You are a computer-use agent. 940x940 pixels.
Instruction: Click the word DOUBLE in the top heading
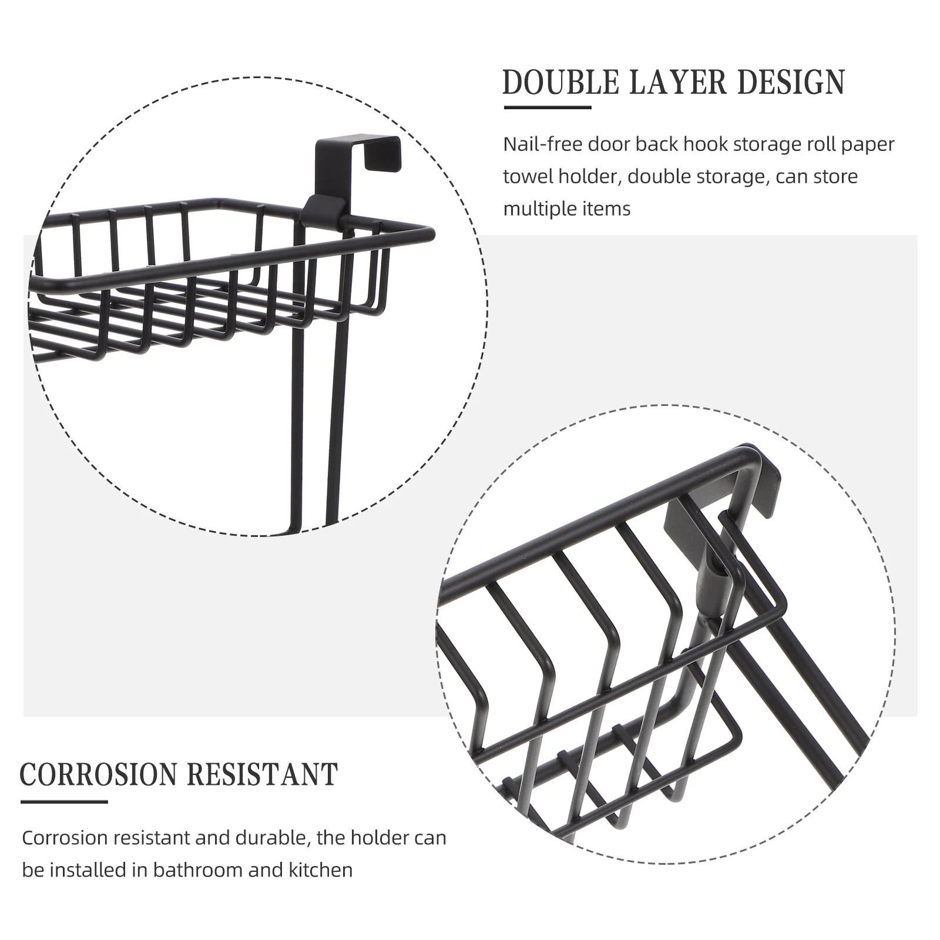560,82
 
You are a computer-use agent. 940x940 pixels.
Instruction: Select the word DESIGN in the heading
791,82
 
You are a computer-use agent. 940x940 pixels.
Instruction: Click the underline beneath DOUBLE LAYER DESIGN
548,108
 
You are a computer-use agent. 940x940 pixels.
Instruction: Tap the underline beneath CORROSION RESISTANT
65,801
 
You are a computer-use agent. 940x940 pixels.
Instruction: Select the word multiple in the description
539,209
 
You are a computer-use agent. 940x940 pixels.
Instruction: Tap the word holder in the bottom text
385,838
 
